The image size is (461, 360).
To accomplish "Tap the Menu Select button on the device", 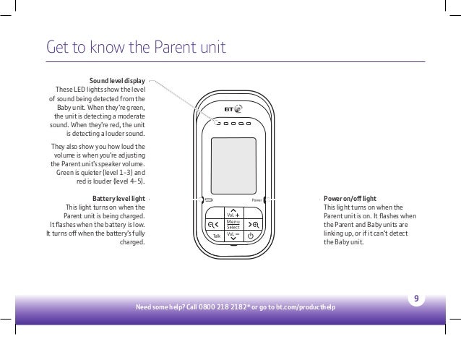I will pos(232,225).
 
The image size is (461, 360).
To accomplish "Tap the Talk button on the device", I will pos(214,236).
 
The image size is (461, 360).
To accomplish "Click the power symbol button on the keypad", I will pos(251,236).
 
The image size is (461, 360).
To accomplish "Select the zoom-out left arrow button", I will pos(213,224).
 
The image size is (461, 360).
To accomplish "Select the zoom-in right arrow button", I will pos(251,224).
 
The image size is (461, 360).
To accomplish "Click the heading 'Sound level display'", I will pos(117,80).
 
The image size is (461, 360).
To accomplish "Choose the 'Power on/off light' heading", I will pos(349,197).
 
